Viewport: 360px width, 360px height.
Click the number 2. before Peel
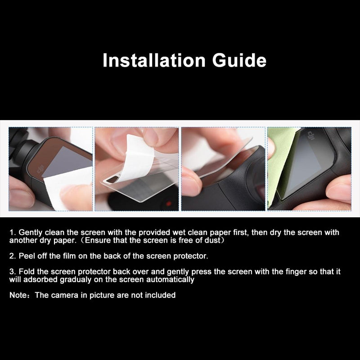click(x=13, y=256)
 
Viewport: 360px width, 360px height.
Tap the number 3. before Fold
click(x=13, y=272)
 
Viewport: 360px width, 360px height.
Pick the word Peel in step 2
click(x=27, y=256)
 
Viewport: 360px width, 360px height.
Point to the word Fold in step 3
click(x=27, y=272)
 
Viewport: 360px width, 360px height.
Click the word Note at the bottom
click(x=18, y=295)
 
